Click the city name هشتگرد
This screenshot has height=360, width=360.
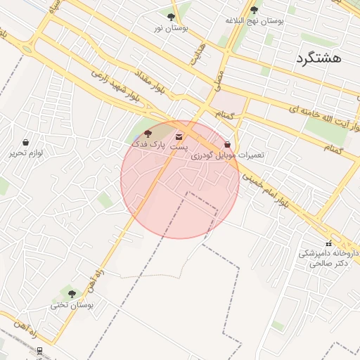[319, 58]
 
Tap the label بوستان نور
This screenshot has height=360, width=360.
[171, 27]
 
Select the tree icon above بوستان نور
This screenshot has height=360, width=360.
[171, 16]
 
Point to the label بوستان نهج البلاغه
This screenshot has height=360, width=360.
[254, 20]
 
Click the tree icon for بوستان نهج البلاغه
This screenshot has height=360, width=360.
[254, 9]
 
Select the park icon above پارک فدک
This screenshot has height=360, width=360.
[147, 134]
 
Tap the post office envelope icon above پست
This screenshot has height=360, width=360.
[179, 136]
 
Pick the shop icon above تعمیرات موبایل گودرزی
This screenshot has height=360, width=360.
[227, 145]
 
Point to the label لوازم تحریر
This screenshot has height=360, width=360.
[26, 153]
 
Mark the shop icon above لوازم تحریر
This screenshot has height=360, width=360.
[26, 142]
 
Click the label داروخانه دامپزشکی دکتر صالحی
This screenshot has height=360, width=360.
[328, 258]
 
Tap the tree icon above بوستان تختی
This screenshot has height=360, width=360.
[71, 294]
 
